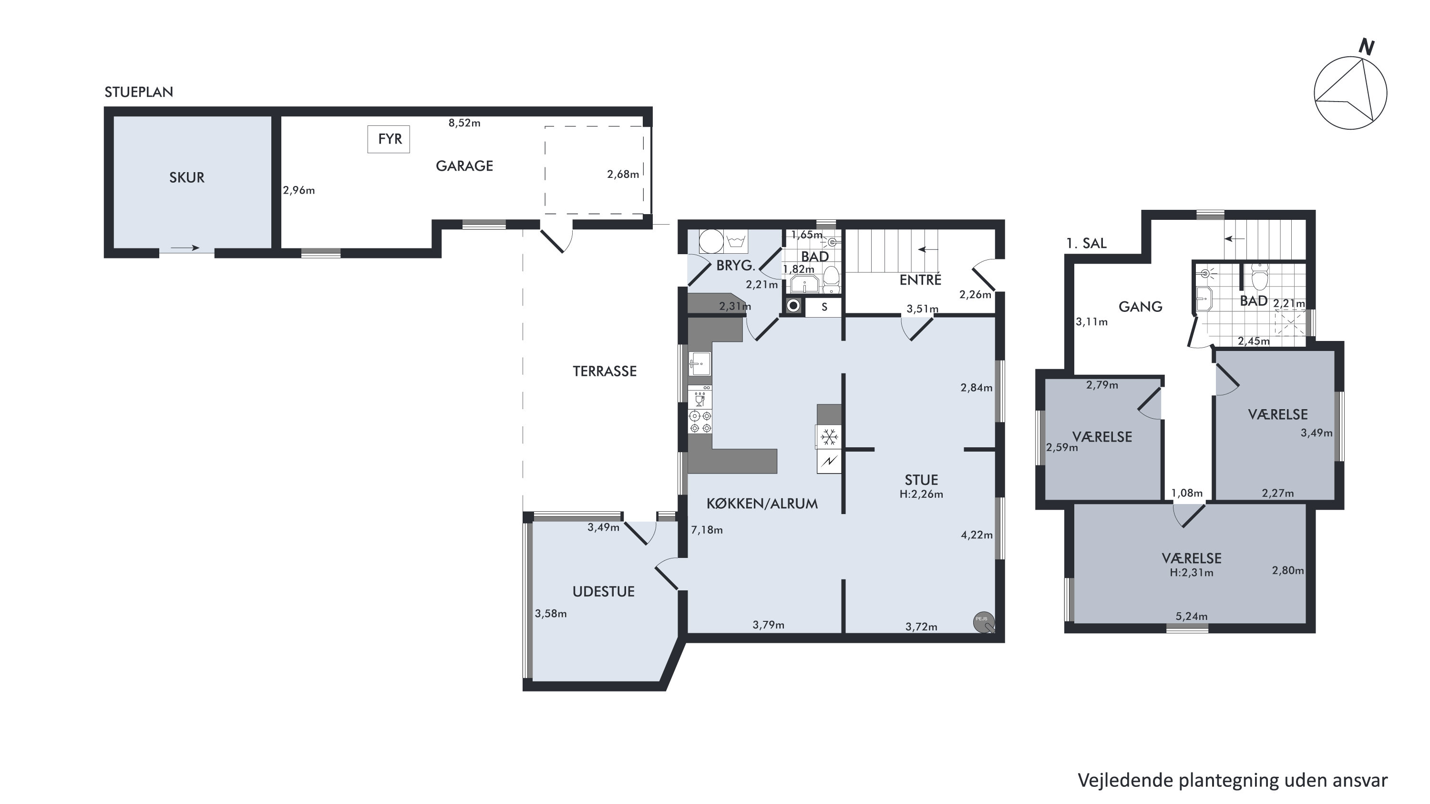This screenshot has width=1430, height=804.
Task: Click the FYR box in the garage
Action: pyautogui.click(x=389, y=139)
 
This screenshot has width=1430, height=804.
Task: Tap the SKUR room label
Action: pyautogui.click(x=186, y=178)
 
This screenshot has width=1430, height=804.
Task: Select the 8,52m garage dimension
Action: pyautogui.click(x=464, y=123)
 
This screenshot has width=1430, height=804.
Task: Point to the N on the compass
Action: pyautogui.click(x=1366, y=47)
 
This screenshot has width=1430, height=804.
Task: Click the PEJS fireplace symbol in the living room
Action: pyautogui.click(x=984, y=622)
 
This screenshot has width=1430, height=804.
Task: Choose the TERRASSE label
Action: pyautogui.click(x=605, y=371)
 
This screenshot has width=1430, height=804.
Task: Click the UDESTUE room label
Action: pyautogui.click(x=603, y=592)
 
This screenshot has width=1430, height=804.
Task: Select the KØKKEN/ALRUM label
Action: pyautogui.click(x=761, y=504)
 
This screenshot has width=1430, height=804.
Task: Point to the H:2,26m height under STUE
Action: pyautogui.click(x=921, y=494)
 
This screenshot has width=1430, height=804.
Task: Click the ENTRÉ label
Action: pyautogui.click(x=920, y=280)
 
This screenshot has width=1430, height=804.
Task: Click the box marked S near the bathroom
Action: pyautogui.click(x=824, y=307)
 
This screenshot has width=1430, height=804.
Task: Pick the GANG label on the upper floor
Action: pyautogui.click(x=1140, y=307)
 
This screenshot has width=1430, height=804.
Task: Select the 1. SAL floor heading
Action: pyautogui.click(x=1086, y=243)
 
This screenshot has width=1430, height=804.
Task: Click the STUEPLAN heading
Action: pyautogui.click(x=139, y=92)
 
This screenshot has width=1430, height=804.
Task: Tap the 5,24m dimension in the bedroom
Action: pyautogui.click(x=1191, y=616)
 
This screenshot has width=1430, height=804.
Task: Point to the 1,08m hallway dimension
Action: pyautogui.click(x=1187, y=493)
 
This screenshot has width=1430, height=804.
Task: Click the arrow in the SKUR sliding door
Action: pyautogui.click(x=185, y=247)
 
